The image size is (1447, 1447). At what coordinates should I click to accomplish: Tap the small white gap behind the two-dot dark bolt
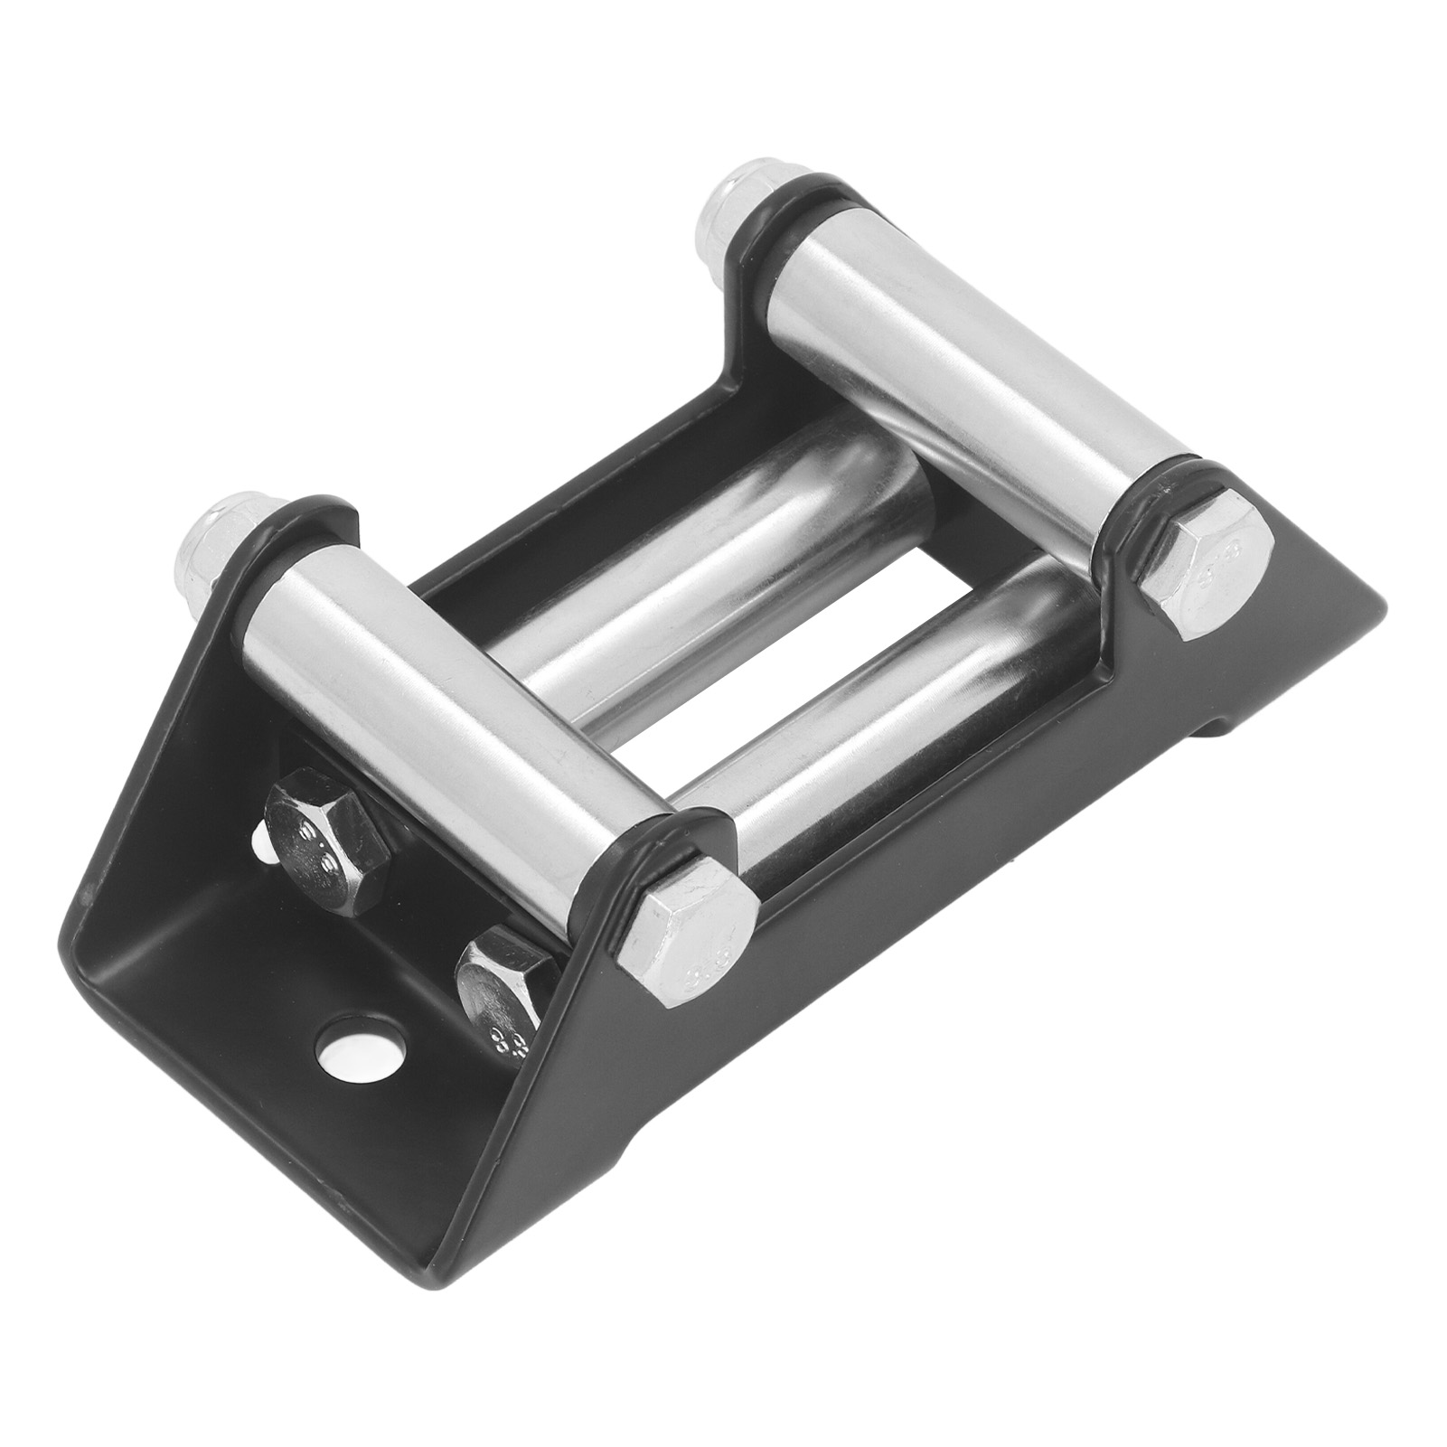click(260, 845)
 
